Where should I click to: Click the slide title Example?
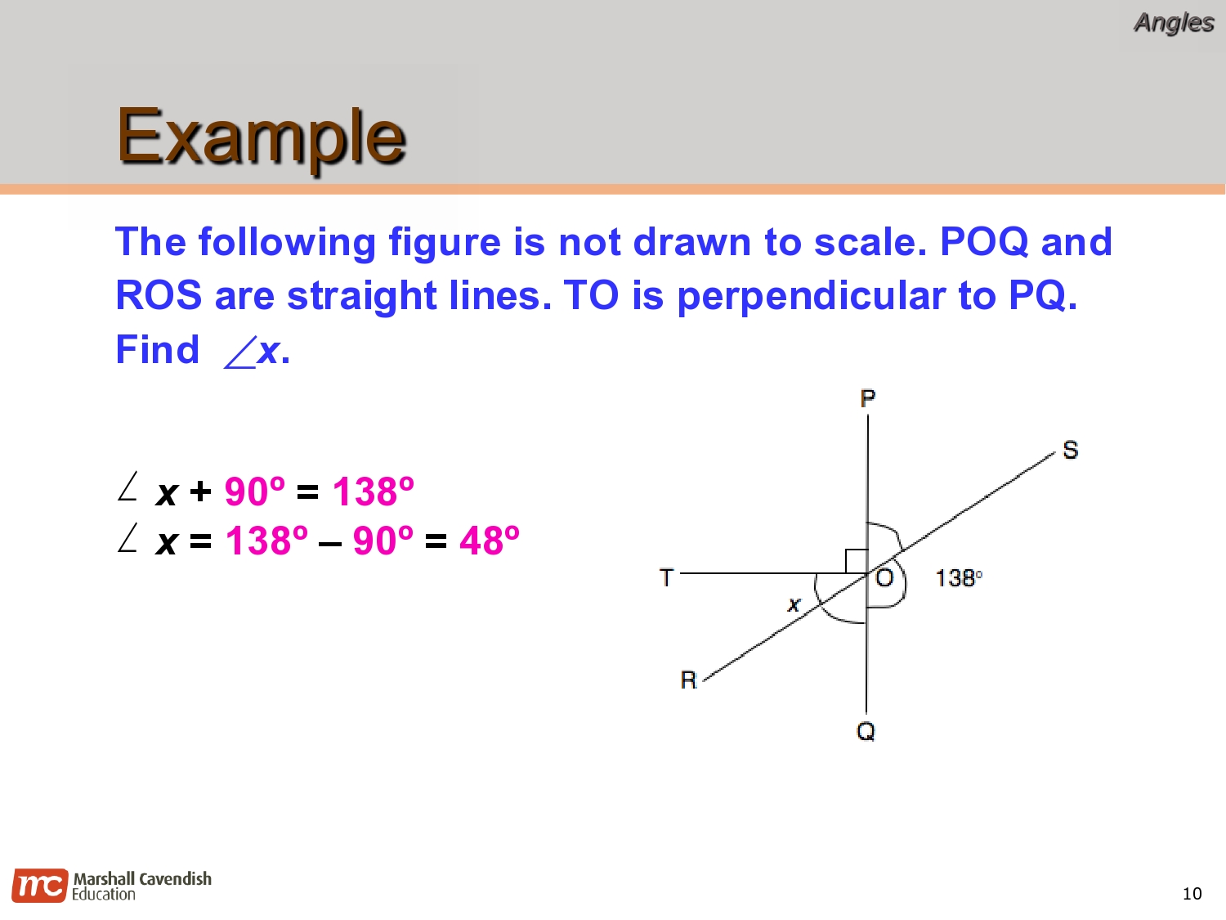point(261,136)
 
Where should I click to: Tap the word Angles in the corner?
point(1173,23)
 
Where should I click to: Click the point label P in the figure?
point(867,398)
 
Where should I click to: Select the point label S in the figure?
point(1070,450)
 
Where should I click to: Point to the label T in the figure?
point(666,578)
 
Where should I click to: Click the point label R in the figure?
point(688,680)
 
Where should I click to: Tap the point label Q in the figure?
point(866,731)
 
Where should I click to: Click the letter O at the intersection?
point(884,578)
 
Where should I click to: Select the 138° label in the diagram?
point(958,578)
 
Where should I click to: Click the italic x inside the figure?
point(794,605)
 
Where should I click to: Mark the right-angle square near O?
point(856,561)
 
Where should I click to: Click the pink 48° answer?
point(489,541)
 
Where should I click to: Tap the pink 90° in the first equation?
point(254,491)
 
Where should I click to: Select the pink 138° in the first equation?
point(373,491)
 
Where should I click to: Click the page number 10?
point(1192,894)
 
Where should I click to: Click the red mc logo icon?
point(39,886)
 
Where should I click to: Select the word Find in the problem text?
point(157,350)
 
